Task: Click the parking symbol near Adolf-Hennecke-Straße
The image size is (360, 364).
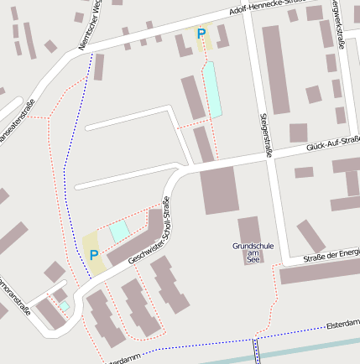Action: coord(201,34)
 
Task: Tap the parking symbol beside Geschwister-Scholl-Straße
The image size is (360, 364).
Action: coord(94,255)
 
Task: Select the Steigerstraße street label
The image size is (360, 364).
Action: coord(268,135)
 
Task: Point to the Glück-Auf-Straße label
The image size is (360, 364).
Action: coord(332,143)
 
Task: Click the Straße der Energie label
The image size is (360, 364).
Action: coord(331,255)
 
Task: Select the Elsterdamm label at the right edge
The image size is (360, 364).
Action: coord(342,321)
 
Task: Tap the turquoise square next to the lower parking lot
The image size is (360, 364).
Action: coord(120,231)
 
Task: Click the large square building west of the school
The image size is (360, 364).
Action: coord(219,190)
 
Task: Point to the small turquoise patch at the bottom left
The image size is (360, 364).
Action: coord(64,307)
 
